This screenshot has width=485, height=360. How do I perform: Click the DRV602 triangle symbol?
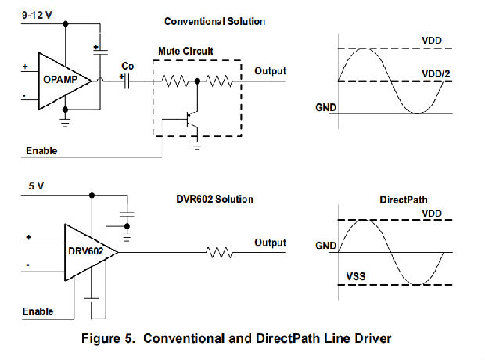(x=86, y=251)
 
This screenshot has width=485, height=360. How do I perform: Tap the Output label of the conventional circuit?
(x=270, y=71)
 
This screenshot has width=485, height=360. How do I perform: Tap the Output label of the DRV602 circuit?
(x=270, y=243)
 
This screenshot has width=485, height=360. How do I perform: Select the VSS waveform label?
(x=357, y=277)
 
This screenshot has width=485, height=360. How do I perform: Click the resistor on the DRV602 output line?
(x=219, y=252)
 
